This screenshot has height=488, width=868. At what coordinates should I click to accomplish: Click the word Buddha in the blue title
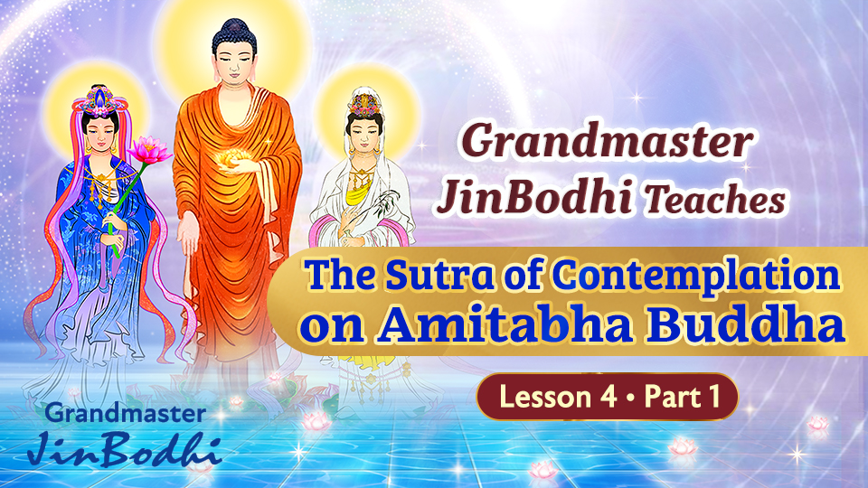[x=762, y=327]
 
